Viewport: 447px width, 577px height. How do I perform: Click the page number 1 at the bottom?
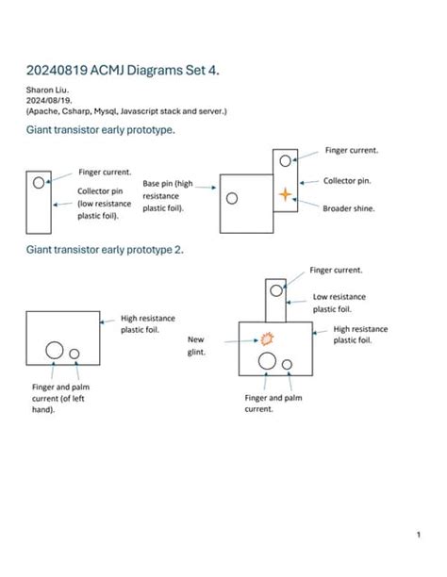click(418, 536)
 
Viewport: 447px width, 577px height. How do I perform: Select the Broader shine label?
click(349, 208)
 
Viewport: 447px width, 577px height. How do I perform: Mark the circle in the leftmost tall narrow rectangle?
click(38, 183)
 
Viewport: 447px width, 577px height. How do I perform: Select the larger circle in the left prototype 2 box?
click(55, 350)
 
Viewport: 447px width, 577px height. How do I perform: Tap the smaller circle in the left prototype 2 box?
click(74, 354)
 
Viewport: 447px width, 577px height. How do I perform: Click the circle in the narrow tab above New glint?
click(274, 288)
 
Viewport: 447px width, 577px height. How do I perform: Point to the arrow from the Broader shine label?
click(306, 203)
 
